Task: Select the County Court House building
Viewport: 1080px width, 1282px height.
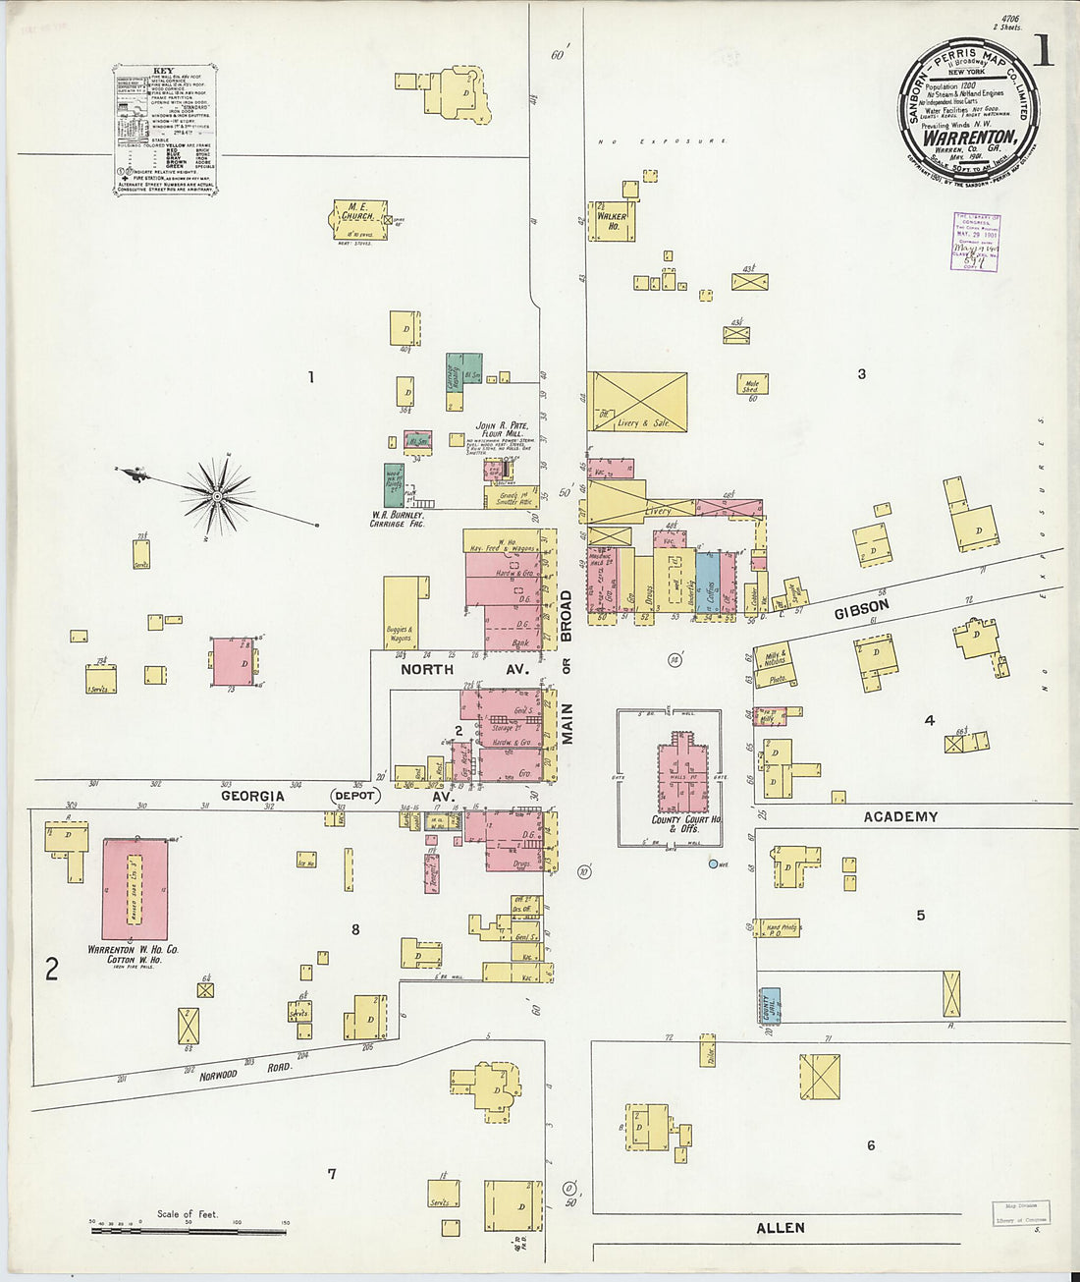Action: pos(683,776)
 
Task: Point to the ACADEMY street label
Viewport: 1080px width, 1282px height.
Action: pos(900,816)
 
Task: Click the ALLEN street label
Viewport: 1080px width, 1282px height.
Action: pos(781,1227)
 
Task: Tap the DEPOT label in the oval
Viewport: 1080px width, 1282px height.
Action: pos(354,795)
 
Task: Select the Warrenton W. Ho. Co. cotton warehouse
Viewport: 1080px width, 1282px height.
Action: pos(135,889)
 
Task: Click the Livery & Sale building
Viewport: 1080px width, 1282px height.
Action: pos(637,402)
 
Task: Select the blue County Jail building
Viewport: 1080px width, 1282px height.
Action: pos(771,1006)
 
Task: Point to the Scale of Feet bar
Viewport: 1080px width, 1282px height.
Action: pos(188,1229)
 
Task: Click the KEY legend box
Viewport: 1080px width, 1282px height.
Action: pos(166,130)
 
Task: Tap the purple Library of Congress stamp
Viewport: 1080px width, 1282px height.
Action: pos(977,243)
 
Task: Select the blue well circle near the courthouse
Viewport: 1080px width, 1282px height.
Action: pos(714,864)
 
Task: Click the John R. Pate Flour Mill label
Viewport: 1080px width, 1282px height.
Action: pos(503,429)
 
